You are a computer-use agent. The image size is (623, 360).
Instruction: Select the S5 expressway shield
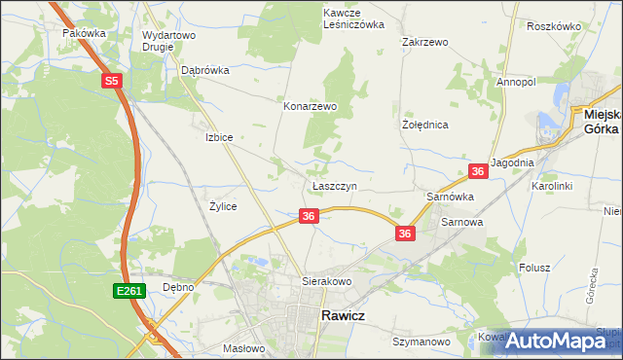click(112, 83)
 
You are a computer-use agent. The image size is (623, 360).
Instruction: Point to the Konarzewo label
click(310, 106)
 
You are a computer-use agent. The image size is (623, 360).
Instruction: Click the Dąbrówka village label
click(204, 70)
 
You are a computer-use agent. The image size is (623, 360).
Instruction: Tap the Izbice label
click(219, 137)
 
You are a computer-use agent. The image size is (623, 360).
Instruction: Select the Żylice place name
click(223, 206)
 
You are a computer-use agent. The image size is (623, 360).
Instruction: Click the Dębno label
click(179, 287)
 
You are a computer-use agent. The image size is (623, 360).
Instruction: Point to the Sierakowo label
click(325, 280)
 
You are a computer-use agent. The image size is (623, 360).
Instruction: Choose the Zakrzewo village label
click(424, 43)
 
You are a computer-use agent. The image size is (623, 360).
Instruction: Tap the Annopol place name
click(516, 83)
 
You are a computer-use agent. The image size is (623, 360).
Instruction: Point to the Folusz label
click(534, 268)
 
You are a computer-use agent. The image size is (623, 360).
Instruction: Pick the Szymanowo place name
click(421, 342)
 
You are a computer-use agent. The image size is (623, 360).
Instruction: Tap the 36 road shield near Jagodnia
click(478, 171)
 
